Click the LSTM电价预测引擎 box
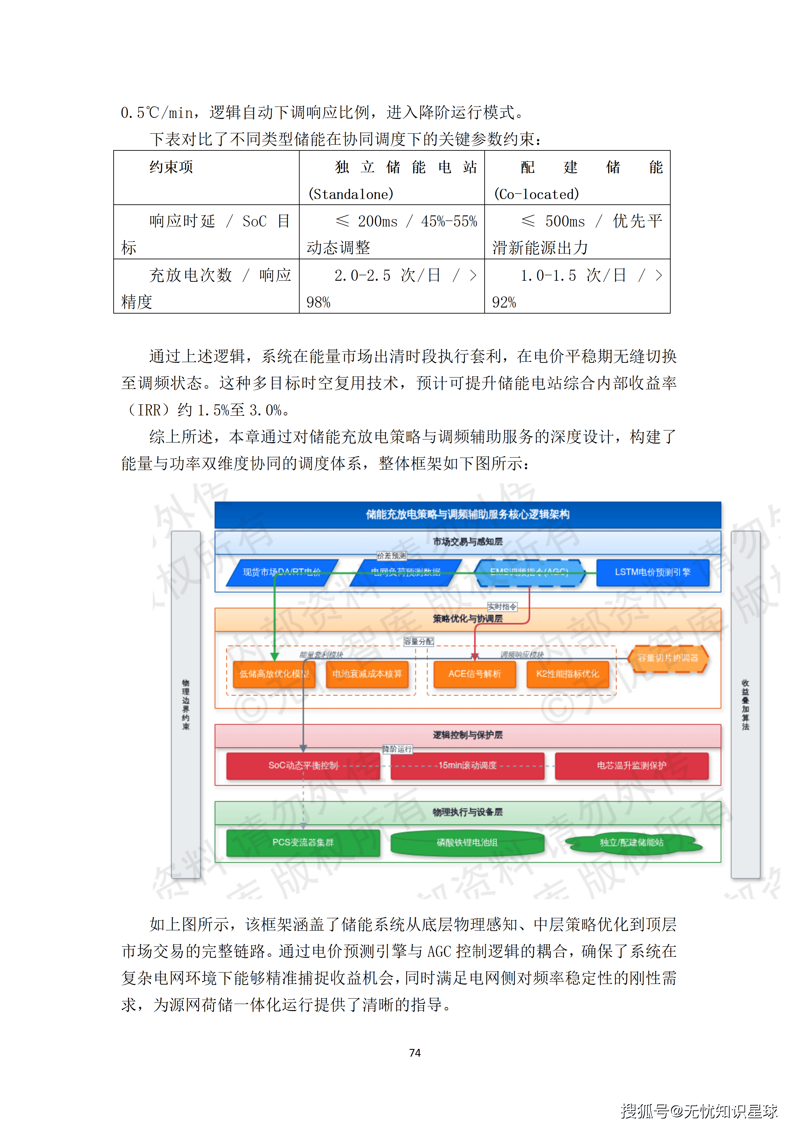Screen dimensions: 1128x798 [653, 572]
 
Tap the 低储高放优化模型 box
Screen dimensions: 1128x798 [274, 674]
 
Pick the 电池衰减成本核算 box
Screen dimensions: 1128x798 [367, 674]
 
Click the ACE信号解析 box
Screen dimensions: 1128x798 [475, 674]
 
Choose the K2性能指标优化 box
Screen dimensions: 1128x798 [567, 674]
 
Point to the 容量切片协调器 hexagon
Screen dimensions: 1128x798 [668, 658]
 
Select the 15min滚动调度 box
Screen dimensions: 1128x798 [467, 766]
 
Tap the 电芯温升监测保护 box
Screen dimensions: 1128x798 [631, 766]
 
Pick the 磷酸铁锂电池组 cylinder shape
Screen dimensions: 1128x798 [467, 843]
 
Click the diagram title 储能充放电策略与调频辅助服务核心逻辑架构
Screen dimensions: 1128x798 [467, 514]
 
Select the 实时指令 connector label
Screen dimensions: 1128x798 [502, 607]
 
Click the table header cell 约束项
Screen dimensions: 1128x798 [171, 168]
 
